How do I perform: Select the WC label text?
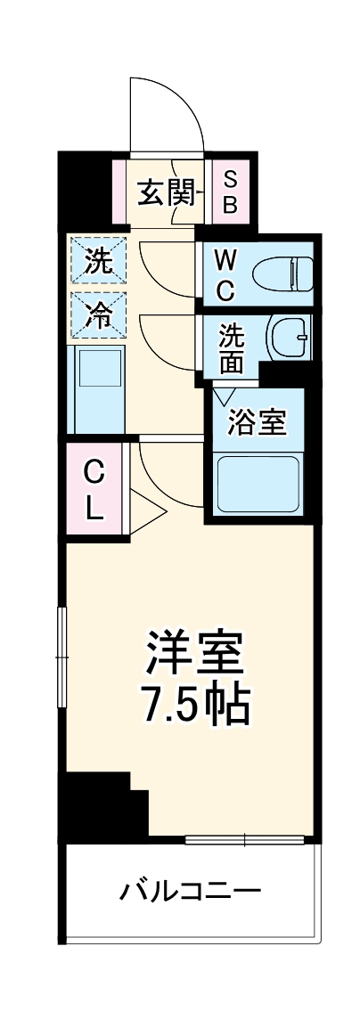click(225, 275)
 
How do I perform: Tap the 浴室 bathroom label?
click(258, 422)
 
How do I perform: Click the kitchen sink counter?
click(98, 388)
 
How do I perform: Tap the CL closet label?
click(95, 490)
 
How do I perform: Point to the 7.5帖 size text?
click(194, 704)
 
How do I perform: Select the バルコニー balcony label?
click(192, 889)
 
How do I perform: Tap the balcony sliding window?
click(245, 838)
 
